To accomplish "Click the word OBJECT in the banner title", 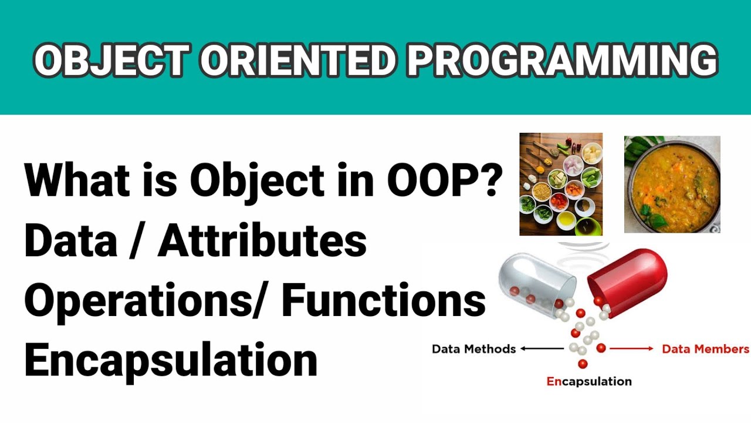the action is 111,61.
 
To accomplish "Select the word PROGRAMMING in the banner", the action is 562,61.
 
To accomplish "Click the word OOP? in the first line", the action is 445,179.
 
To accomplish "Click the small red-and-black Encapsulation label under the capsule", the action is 589,382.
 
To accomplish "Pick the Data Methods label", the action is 473,349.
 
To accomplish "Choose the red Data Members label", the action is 705,349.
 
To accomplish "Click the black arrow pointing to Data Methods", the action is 542,349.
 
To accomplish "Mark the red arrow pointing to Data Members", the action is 631,349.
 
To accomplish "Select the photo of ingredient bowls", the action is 561,184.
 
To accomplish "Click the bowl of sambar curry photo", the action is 672,184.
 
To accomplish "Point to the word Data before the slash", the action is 71,240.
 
